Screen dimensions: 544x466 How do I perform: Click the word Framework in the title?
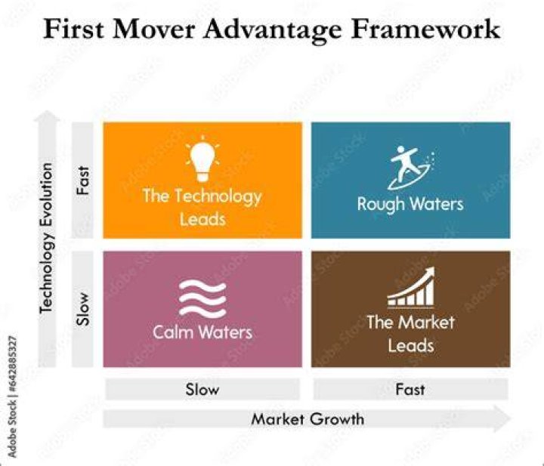point(425,29)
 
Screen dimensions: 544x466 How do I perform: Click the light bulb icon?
point(202,160)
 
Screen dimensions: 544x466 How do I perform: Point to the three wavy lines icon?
point(202,299)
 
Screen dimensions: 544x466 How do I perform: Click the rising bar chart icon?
point(411,287)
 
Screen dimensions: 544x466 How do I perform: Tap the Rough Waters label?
point(410,204)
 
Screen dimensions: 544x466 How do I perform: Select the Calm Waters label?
point(202,332)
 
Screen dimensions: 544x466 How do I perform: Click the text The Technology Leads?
point(202,208)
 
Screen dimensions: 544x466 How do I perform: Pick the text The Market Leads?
point(411,334)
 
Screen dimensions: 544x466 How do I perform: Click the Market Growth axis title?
point(308,419)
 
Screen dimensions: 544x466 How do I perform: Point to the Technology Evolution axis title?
point(47,238)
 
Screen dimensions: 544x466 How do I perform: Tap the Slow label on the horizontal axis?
point(202,390)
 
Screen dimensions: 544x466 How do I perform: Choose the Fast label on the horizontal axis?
point(410,390)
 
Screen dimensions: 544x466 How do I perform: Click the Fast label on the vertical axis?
point(83,181)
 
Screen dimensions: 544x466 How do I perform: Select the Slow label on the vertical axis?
point(83,309)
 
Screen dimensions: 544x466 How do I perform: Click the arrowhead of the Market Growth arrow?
point(502,419)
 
